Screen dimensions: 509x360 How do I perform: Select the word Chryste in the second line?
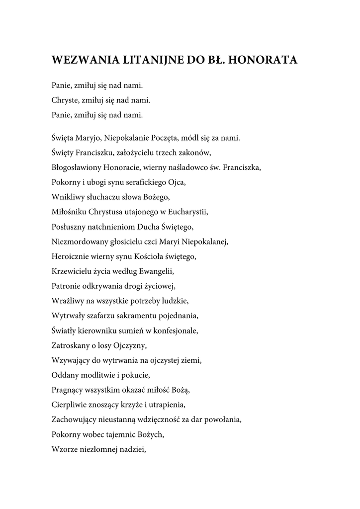[x=64, y=100]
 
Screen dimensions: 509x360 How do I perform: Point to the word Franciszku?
[x=94, y=153]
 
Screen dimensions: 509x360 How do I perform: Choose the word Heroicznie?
[x=70, y=257]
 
